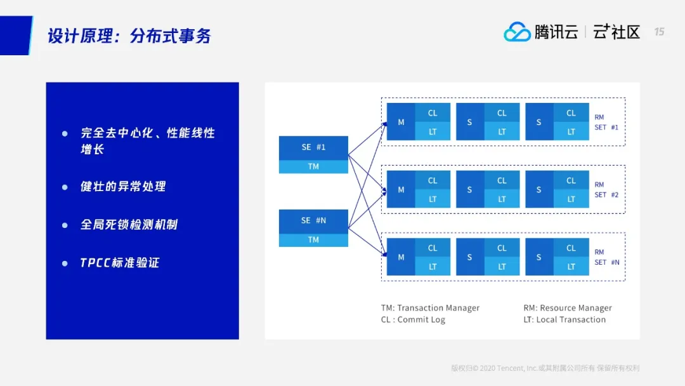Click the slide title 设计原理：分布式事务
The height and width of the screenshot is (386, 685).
tap(129, 36)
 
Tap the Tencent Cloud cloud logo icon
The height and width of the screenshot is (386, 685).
tap(517, 32)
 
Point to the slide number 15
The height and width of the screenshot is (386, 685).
tap(659, 32)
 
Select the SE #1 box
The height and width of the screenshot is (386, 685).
tap(313, 147)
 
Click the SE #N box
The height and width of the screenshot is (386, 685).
tap(313, 220)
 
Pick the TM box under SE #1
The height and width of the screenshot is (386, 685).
tap(313, 166)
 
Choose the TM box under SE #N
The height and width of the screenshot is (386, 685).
tap(313, 240)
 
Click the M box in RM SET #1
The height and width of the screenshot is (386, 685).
tap(401, 122)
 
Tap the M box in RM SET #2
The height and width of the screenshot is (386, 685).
tap(401, 189)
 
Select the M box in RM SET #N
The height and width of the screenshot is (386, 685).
tap(401, 257)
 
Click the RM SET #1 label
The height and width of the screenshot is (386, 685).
tap(606, 123)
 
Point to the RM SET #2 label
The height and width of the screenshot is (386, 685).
tap(606, 190)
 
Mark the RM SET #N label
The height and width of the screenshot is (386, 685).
tap(606, 257)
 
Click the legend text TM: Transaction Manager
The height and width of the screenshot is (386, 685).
tap(430, 308)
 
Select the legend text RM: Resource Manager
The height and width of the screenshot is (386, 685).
tap(568, 308)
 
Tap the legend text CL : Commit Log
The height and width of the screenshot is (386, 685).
tap(413, 320)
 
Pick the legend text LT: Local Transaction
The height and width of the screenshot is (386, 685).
tap(564, 320)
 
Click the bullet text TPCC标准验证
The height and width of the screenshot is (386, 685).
tap(119, 263)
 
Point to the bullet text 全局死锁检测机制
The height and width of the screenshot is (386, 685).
tap(129, 225)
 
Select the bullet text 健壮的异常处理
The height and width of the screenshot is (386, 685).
tap(123, 187)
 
